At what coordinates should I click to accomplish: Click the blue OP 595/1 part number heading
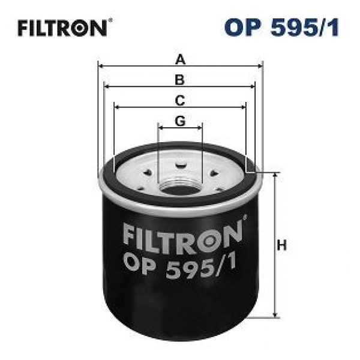coord(281,28)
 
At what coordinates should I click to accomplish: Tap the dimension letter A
coord(180,59)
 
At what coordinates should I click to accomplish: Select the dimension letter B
coord(180,80)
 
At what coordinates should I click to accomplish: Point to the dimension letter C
coord(180,101)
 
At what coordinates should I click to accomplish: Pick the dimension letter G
coord(180,121)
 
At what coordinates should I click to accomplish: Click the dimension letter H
coord(282,245)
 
